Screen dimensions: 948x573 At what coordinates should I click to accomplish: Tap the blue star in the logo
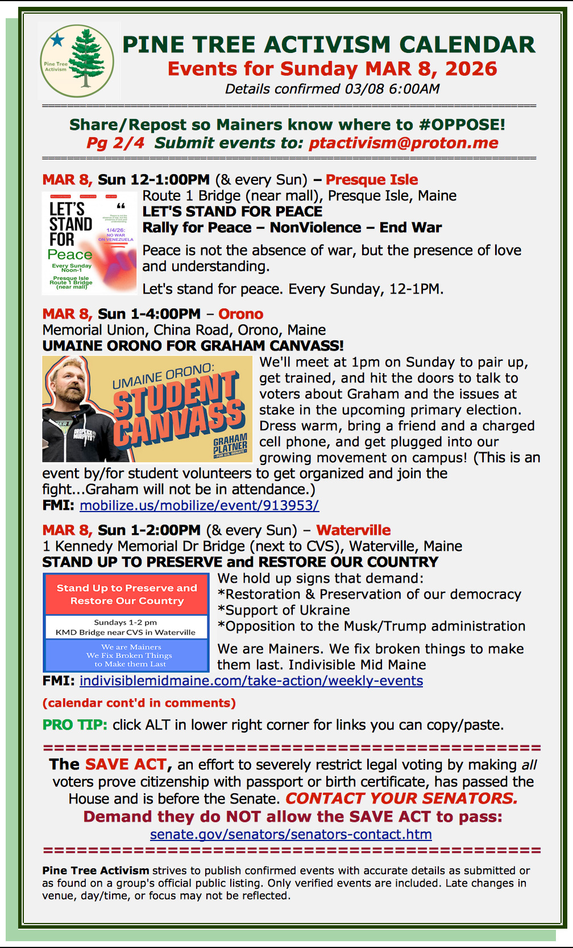pyautogui.click(x=57, y=40)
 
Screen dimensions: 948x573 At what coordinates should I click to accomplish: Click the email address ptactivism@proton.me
pyautogui.click(x=403, y=143)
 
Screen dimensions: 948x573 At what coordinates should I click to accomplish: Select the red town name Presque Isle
pyautogui.click(x=372, y=180)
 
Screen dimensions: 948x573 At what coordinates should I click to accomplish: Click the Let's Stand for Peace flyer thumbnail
pyautogui.click(x=89, y=243)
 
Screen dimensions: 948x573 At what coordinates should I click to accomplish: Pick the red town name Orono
pyautogui.click(x=240, y=314)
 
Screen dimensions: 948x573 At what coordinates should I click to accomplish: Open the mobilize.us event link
pyautogui.click(x=199, y=505)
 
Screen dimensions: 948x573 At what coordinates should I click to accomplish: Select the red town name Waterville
pyautogui.click(x=353, y=530)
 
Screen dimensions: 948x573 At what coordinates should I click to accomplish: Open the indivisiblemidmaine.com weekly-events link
pyautogui.click(x=251, y=681)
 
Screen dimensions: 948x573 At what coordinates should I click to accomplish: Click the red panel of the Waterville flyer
pyautogui.click(x=127, y=594)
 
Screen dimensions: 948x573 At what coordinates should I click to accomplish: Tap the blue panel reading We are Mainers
pyautogui.click(x=127, y=656)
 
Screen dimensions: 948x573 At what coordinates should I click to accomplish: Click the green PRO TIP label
pyautogui.click(x=74, y=725)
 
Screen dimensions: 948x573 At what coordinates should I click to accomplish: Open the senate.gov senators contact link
pyautogui.click(x=290, y=834)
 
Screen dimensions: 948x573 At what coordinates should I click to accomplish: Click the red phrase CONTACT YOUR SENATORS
pyautogui.click(x=401, y=798)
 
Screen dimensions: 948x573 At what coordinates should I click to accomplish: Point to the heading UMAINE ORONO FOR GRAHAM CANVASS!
pyautogui.click(x=193, y=346)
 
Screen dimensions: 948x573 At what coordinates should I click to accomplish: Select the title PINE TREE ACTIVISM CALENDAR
pyautogui.click(x=329, y=44)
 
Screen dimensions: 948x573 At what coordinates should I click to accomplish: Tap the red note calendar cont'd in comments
pyautogui.click(x=139, y=703)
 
